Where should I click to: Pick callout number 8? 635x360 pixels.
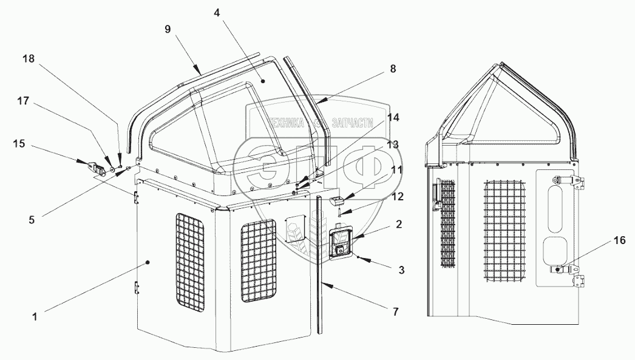coord(392,69)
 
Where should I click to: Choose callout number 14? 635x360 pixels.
coord(393,118)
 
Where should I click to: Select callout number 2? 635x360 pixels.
coord(399,224)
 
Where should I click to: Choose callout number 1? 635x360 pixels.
coord(35,316)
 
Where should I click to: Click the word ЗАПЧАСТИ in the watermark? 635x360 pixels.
coord(350,122)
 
